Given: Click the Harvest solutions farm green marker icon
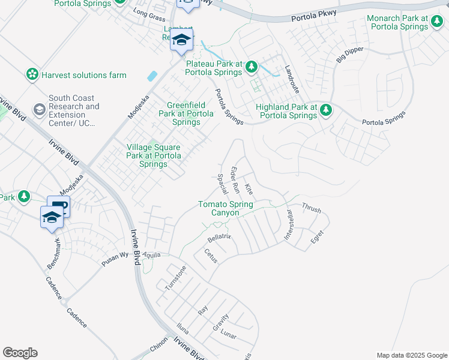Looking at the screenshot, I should click(x=32, y=75).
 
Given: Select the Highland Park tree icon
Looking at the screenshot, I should click(x=326, y=110).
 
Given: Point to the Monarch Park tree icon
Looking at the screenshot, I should click(x=437, y=21).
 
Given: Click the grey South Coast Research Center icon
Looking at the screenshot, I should click(x=40, y=109).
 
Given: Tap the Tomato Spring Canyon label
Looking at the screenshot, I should click(x=226, y=209).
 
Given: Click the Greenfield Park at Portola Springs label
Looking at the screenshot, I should click(x=186, y=113).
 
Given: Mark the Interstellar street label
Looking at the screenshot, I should click(x=289, y=226).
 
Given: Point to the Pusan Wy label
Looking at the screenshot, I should click(x=115, y=259).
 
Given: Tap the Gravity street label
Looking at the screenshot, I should click(x=220, y=322).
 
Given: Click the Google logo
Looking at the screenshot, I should click(x=20, y=353).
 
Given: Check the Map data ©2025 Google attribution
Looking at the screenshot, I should click(x=411, y=355).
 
